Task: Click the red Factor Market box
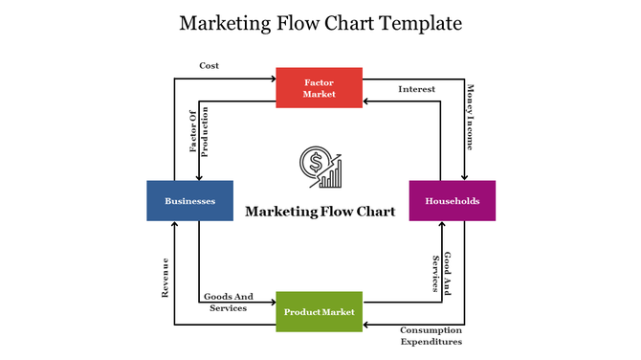(x=320, y=87)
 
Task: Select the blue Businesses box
(x=189, y=201)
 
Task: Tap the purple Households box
(x=453, y=201)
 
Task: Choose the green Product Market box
(x=320, y=312)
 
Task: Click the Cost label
(x=209, y=65)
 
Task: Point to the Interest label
(x=416, y=89)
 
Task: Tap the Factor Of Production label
(x=198, y=132)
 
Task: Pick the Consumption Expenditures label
(x=431, y=335)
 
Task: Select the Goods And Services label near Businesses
(x=228, y=303)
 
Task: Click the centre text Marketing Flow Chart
(x=320, y=212)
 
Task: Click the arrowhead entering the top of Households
(x=465, y=177)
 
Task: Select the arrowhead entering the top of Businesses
(x=199, y=177)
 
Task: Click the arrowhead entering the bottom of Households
(x=442, y=225)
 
